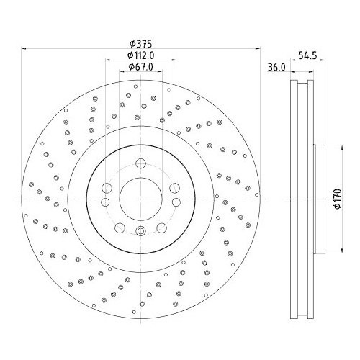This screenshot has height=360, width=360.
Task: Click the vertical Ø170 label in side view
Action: coord(336,197)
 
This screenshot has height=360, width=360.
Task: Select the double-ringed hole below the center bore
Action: coord(140,231)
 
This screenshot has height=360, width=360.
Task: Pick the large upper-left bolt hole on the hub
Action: coord(107,189)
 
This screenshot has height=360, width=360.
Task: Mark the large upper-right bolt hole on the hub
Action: coord(174,189)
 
